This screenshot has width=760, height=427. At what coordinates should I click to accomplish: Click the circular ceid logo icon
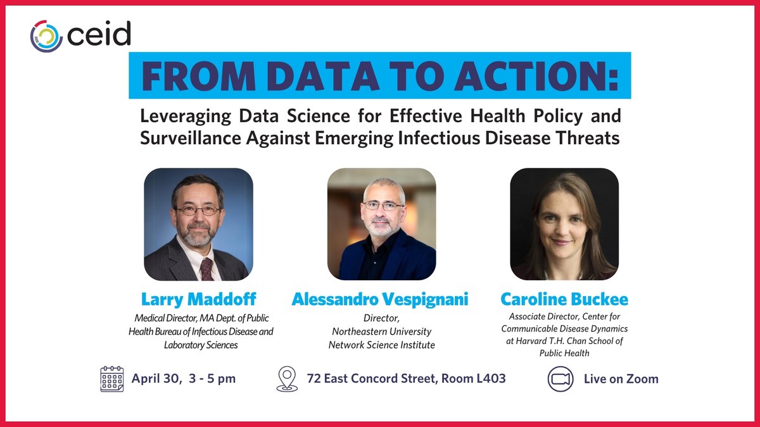click(46, 35)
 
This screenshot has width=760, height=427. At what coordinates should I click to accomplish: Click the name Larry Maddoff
click(199, 299)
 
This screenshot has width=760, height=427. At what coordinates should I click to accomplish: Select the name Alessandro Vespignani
click(380, 299)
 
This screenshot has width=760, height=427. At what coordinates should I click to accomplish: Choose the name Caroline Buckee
click(564, 299)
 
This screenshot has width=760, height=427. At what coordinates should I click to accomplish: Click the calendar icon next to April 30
click(112, 378)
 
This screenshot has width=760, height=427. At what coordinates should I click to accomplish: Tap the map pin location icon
click(287, 379)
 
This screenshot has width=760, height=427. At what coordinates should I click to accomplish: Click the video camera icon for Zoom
click(560, 379)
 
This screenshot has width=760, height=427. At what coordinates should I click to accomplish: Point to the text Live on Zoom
click(612, 379)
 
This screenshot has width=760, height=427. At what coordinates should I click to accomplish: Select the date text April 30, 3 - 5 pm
click(184, 379)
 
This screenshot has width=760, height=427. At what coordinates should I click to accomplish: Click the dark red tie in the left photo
click(206, 268)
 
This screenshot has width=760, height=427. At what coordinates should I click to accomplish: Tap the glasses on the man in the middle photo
click(383, 206)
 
